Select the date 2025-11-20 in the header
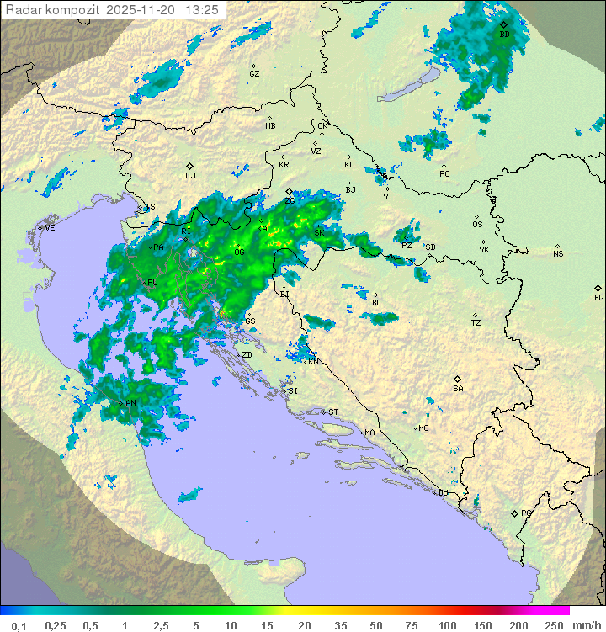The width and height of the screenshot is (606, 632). click(141, 10)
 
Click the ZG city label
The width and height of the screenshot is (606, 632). click(290, 200)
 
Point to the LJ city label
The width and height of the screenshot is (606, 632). click(190, 175)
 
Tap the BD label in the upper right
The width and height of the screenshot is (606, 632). click(504, 35)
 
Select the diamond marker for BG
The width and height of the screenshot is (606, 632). click(598, 288)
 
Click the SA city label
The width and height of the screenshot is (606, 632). click(458, 388)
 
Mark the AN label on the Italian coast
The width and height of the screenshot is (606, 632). click(130, 404)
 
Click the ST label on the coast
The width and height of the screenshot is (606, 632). click(333, 412)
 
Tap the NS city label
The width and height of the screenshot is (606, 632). click(558, 254)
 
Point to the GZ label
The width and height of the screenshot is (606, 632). click(254, 74)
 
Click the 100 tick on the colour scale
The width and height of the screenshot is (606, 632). click(447, 625)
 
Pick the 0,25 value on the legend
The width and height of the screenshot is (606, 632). click(56, 625)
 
